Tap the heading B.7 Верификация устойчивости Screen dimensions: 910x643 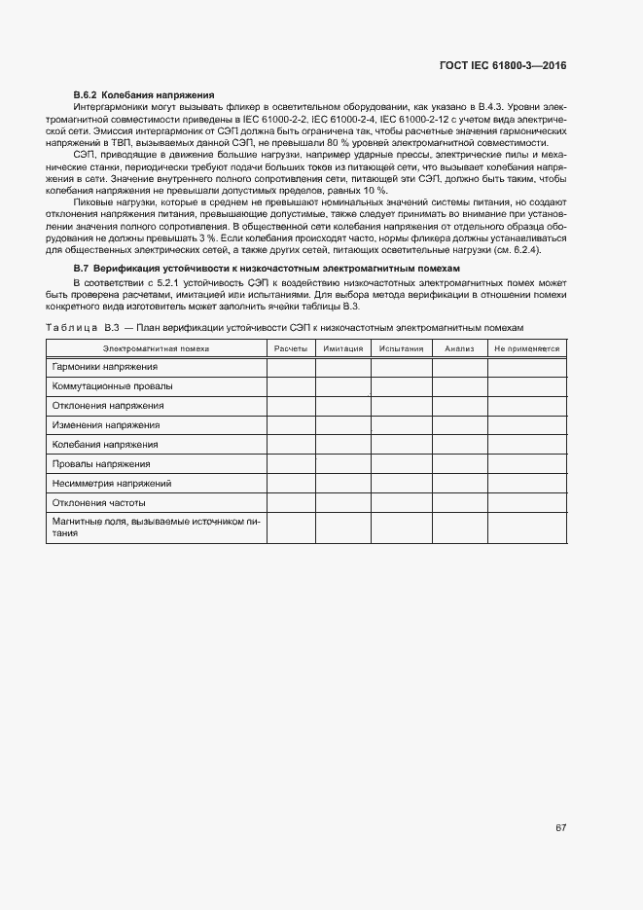pyautogui.click(x=268, y=267)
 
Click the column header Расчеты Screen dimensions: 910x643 pyautogui.click(x=291, y=347)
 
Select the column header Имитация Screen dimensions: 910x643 pyautogui.click(x=342, y=347)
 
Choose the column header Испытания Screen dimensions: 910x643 pyautogui.click(x=401, y=347)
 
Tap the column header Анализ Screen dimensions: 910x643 pyautogui.click(x=459, y=347)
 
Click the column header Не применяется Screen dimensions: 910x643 pyautogui.click(x=526, y=347)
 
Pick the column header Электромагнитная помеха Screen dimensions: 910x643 pyautogui.click(x=156, y=347)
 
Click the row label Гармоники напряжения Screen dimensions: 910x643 pyautogui.click(x=105, y=367)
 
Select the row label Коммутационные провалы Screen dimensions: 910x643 pyautogui.click(x=112, y=386)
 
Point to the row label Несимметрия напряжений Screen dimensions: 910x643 pyautogui.click(x=112, y=483)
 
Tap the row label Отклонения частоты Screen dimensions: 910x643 pyautogui.click(x=99, y=502)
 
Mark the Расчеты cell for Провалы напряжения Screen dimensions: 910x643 pyautogui.click(x=291, y=463)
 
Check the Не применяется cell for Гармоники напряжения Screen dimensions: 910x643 pyautogui.click(x=526, y=367)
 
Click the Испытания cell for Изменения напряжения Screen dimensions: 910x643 pyautogui.click(x=401, y=425)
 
